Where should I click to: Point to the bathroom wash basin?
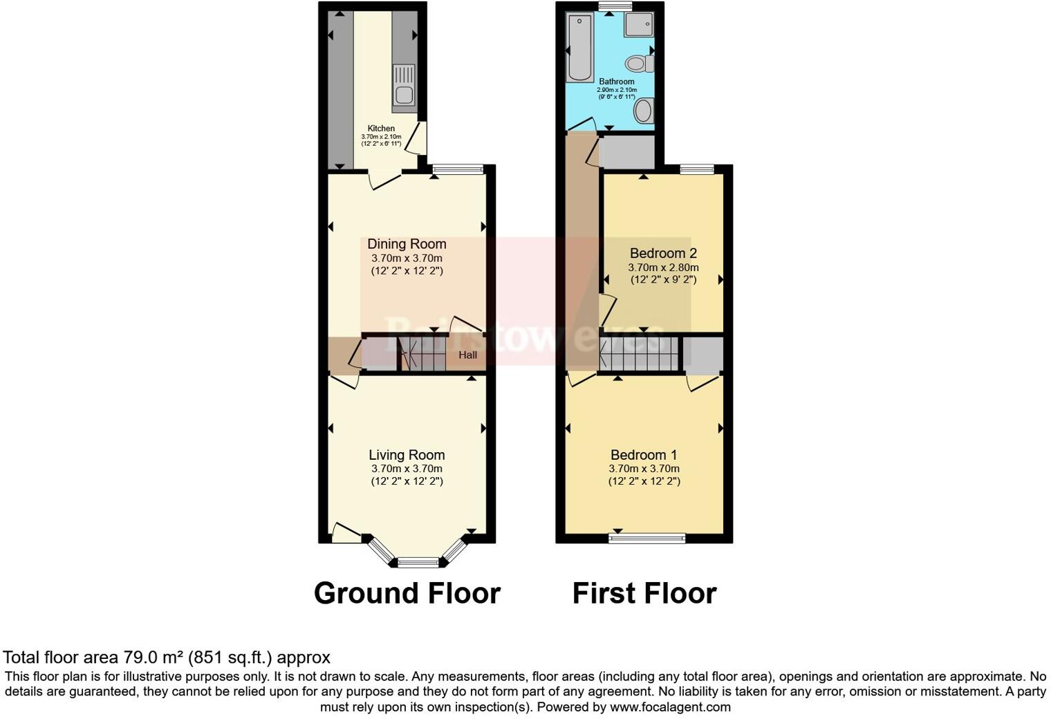pyautogui.click(x=644, y=111)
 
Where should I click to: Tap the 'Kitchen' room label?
pyautogui.click(x=381, y=129)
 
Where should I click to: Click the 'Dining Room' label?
pyautogui.click(x=407, y=244)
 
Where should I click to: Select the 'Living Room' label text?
pyautogui.click(x=407, y=455)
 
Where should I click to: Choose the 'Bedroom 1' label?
pyautogui.click(x=644, y=455)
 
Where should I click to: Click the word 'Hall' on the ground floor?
pyautogui.click(x=468, y=355)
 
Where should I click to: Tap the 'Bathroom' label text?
pyautogui.click(x=617, y=82)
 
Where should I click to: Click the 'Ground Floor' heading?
pyautogui.click(x=407, y=593)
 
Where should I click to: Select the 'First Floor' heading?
pyautogui.click(x=644, y=593)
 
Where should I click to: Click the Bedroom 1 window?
pyautogui.click(x=647, y=538)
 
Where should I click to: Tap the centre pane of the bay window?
pyautogui.click(x=418, y=562)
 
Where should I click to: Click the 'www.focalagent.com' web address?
pyautogui.click(x=669, y=707)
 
